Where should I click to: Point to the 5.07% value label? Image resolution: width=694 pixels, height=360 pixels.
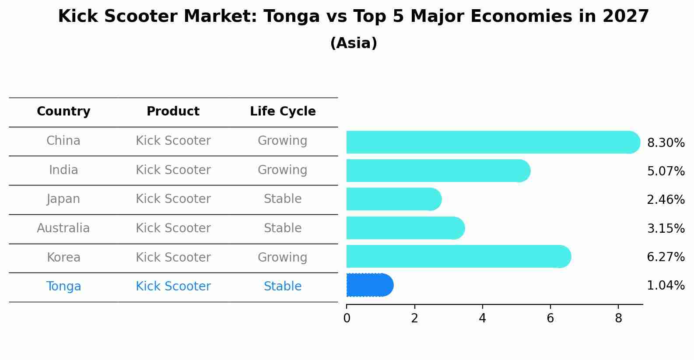point(666,171)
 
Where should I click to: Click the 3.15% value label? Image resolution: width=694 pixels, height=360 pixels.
point(666,228)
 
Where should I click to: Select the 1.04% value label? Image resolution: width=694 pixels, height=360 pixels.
point(666,286)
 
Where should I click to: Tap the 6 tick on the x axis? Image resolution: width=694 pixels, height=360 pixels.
point(550,318)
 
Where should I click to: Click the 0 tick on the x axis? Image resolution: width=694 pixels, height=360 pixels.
point(347,318)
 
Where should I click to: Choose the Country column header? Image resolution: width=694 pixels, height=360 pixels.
point(63,112)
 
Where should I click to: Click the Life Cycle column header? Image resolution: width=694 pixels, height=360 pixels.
point(283,112)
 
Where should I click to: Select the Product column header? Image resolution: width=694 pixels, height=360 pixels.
point(173,112)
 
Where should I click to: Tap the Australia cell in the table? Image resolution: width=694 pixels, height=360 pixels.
point(63,228)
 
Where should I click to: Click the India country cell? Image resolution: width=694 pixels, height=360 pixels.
point(63,170)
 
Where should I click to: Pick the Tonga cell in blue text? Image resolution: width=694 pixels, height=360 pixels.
point(63,287)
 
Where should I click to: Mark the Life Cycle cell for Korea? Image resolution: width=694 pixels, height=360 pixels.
point(283,257)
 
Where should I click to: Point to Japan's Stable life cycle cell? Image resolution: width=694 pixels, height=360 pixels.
point(283,199)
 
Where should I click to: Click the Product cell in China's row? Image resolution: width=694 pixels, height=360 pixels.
point(173,141)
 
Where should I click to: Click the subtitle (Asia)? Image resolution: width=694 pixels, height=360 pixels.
point(354,43)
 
